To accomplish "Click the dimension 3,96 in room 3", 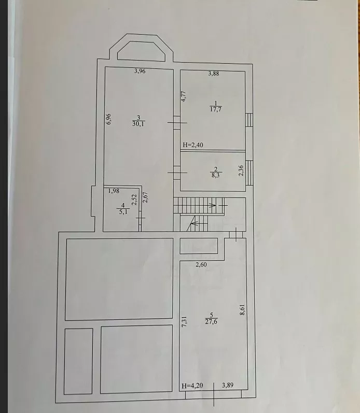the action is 140,71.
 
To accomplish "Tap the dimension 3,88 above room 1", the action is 214,74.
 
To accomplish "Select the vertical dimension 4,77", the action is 184,96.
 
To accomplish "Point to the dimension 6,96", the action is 108,119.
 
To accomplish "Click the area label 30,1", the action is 138,124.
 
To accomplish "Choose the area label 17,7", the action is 216,109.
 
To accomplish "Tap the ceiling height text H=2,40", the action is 193,145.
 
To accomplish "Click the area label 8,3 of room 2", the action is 215,175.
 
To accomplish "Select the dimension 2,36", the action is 241,170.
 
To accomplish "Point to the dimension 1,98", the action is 114,191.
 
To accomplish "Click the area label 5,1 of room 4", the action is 123,211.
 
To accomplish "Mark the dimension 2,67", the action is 145,197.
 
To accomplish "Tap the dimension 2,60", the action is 201,264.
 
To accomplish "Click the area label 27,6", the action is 211,322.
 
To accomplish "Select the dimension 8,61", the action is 242,309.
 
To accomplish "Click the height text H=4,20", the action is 192,386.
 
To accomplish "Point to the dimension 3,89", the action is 228,385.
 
